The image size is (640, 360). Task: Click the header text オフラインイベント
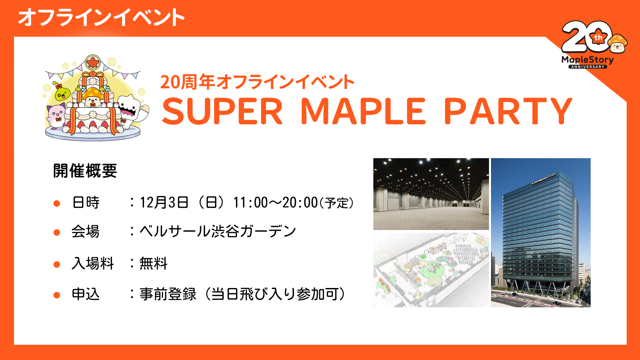point(101,17)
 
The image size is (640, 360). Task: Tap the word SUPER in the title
point(222,111)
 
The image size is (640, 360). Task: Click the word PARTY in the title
point(508,111)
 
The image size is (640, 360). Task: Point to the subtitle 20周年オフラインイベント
point(257,82)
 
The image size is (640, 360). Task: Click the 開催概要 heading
point(85,171)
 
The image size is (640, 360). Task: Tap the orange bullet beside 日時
point(57,203)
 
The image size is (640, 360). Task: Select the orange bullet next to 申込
point(57,295)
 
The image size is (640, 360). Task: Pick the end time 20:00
point(300,202)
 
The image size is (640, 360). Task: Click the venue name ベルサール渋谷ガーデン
point(218,231)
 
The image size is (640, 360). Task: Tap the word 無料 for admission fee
point(153,263)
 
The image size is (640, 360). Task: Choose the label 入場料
point(93,263)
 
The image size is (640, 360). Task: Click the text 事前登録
point(168,294)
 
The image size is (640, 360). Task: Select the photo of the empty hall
point(431,194)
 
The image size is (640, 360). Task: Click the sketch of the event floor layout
point(431,270)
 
